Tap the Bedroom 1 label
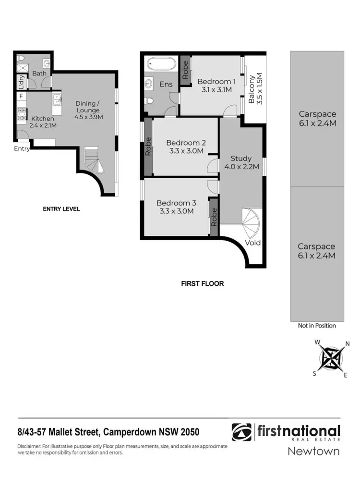click(x=216, y=85)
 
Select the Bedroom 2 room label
click(x=186, y=147)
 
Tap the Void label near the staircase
click(x=253, y=243)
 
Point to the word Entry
click(x=22, y=148)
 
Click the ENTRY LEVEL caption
click(x=61, y=209)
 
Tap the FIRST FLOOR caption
click(x=202, y=283)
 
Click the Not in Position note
click(x=317, y=326)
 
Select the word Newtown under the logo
click(x=313, y=451)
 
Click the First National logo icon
click(x=241, y=432)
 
